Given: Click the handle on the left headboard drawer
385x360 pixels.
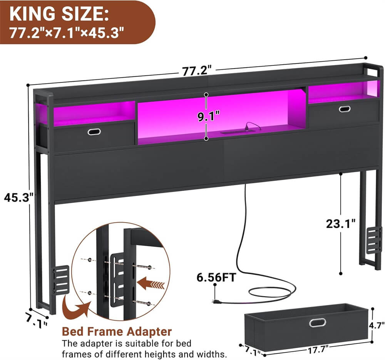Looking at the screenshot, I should pos(94,132).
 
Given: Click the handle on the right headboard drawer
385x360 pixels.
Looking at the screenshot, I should pos(345,109).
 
